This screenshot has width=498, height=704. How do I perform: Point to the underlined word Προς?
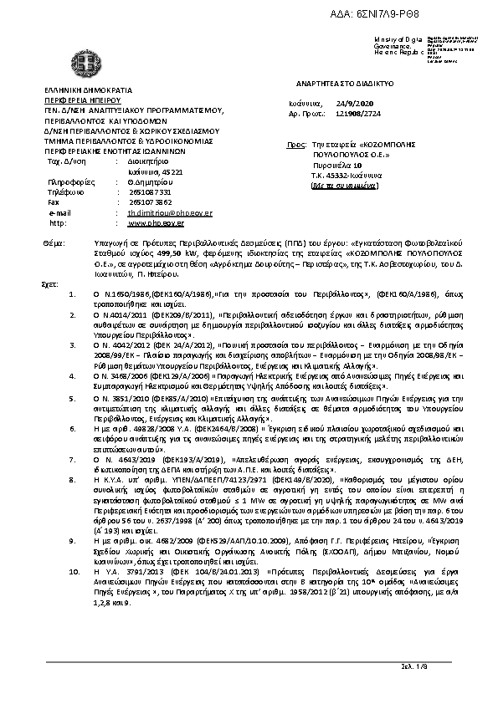pos(294,145)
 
